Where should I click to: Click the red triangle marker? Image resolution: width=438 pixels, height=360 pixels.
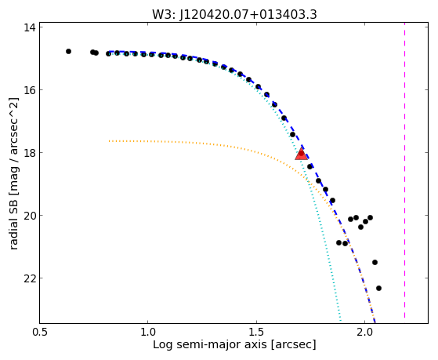(301, 154)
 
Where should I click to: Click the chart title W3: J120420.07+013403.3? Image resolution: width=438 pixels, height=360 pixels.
(234, 14)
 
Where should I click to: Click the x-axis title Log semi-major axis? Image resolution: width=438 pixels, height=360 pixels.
(210, 344)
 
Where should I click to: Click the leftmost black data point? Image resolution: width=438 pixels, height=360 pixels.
(68, 51)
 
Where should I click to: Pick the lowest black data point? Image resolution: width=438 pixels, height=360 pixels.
(378, 288)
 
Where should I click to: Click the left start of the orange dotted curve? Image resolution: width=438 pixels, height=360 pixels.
(109, 141)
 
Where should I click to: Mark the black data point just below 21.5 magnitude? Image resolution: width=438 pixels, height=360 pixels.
(375, 263)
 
